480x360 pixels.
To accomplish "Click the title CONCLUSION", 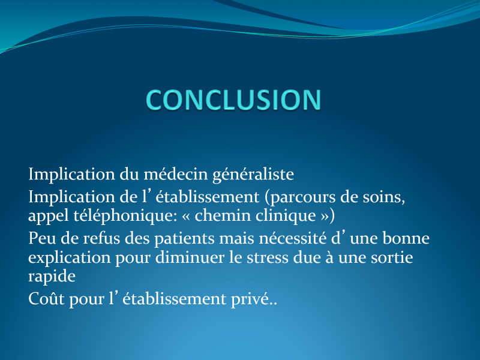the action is coord(233,100).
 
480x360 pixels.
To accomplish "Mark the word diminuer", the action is coord(190,257).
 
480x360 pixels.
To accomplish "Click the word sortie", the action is coord(392,257).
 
